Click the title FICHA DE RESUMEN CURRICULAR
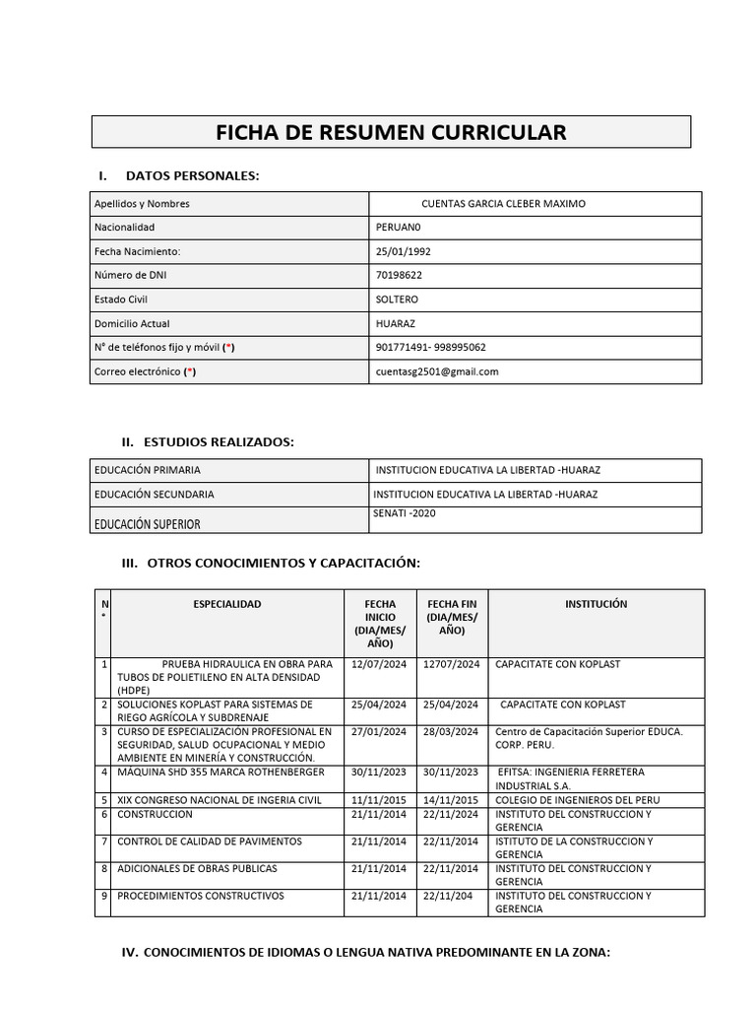pos(391,132)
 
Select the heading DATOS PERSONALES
pos(192,175)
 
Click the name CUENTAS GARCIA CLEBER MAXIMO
pos(503,204)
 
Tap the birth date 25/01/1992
pos(403,251)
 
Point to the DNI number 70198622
pos(399,275)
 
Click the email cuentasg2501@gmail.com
pos(437,371)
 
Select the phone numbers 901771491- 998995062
pos(430,347)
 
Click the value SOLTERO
pos(397,300)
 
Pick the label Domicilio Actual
pos(132,323)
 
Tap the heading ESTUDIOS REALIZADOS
pos(218,441)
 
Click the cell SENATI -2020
pos(404,513)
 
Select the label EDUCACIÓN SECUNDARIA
pos(154,495)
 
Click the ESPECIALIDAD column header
pos(227,604)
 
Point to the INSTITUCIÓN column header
pos(596,604)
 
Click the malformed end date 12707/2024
pos(451,664)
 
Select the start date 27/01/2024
pos(378,731)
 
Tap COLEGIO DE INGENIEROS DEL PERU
pos(577,800)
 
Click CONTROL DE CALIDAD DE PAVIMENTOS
pos(210,841)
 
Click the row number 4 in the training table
pos(103,772)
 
